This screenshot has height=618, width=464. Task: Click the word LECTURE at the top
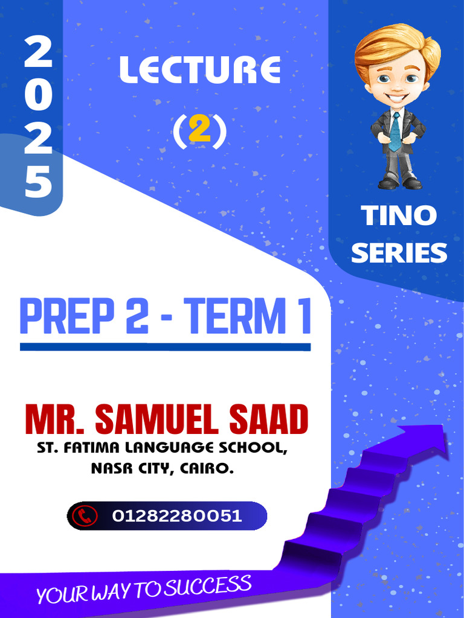click(x=199, y=71)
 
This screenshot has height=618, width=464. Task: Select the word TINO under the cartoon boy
click(x=399, y=216)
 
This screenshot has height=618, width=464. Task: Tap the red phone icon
click(x=85, y=516)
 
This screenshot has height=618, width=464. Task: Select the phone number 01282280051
click(x=176, y=516)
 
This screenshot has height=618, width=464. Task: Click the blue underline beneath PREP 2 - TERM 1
click(x=165, y=347)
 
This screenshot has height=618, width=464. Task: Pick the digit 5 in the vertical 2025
click(x=38, y=182)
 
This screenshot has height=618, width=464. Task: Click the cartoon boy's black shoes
click(x=400, y=182)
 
